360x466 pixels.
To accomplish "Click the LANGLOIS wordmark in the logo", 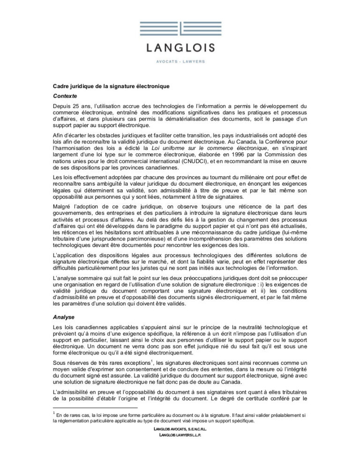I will pos(180,47).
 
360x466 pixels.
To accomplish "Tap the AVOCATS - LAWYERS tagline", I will pos(180,61).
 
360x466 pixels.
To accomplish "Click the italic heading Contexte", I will pos(65,96).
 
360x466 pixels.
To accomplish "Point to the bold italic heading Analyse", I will pos(63,317).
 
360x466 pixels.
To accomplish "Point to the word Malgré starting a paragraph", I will pos(62,207).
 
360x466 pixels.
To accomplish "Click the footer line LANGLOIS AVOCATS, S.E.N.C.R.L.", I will pos(180,429).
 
